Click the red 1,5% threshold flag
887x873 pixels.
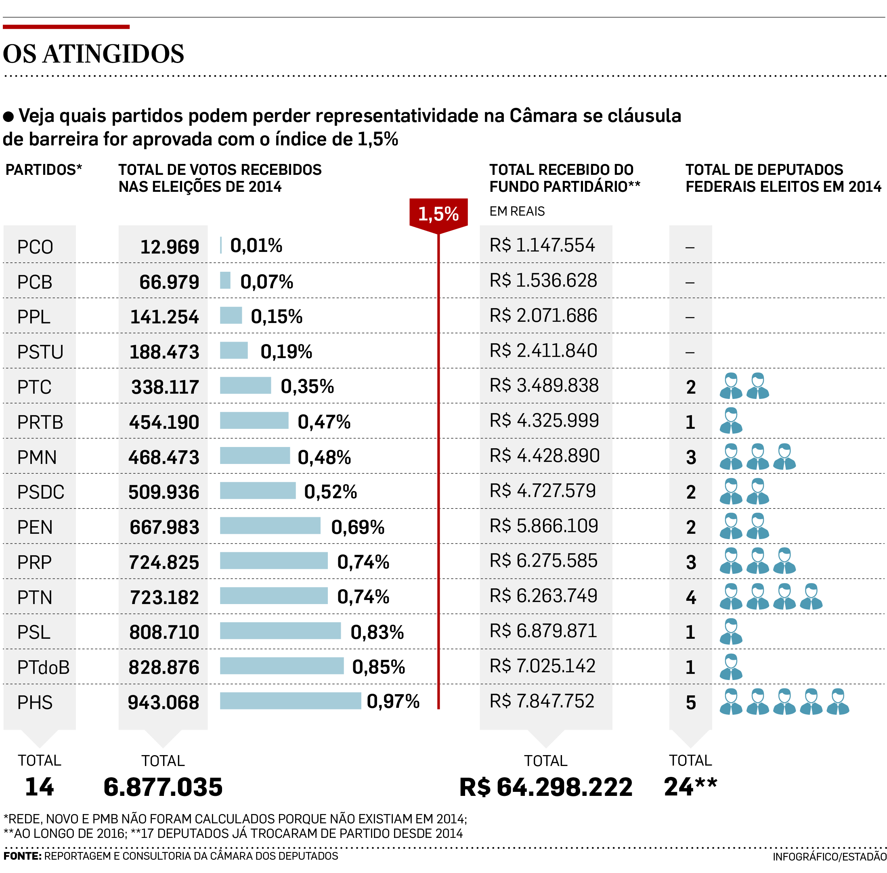pyautogui.click(x=438, y=214)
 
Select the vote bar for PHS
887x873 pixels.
pyautogui.click(x=290, y=701)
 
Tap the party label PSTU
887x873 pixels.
pyautogui.click(x=40, y=352)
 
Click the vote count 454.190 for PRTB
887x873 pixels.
pyautogui.click(x=164, y=422)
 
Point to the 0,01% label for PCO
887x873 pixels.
pyautogui.click(x=256, y=246)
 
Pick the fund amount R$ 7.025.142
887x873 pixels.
pyautogui.click(x=542, y=666)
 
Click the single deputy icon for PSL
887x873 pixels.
pyautogui.click(x=731, y=632)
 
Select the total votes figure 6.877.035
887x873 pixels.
pyautogui.click(x=163, y=787)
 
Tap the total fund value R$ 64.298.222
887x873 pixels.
pyautogui.click(x=545, y=787)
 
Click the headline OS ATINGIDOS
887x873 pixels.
pyautogui.click(x=94, y=54)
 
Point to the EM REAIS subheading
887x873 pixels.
pyautogui.click(x=517, y=211)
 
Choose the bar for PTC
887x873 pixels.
pyautogui.click(x=245, y=386)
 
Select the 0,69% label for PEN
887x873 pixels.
pyautogui.click(x=358, y=527)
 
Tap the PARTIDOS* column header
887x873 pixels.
pyautogui.click(x=44, y=170)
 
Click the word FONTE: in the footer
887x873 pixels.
pyautogui.click(x=22, y=856)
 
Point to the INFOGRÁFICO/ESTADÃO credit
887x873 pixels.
pyautogui.click(x=829, y=856)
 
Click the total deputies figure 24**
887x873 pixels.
pyautogui.click(x=690, y=787)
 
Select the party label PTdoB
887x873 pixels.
pyautogui.click(x=43, y=667)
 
